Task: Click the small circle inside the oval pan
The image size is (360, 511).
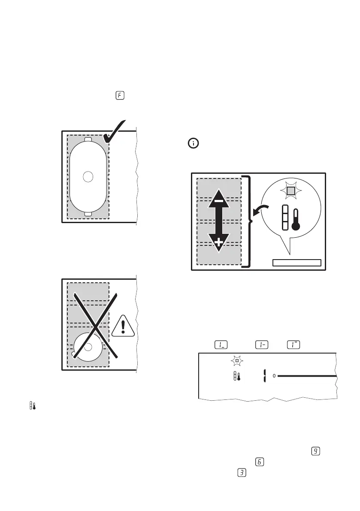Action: (x=88, y=176)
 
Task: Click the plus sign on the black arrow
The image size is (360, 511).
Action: (x=219, y=243)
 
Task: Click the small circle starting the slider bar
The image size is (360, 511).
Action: (x=274, y=376)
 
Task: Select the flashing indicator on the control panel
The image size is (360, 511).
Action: (x=236, y=361)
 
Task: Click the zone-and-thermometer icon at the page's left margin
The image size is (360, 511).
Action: (x=31, y=406)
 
